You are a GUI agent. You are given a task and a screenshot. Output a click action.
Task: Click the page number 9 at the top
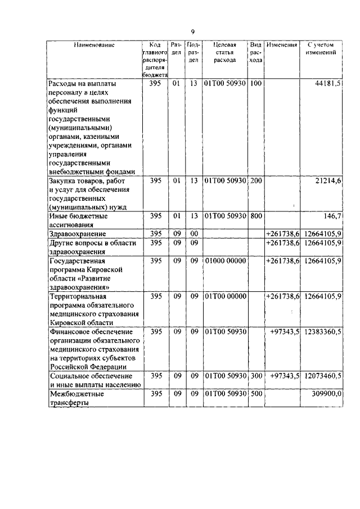pyautogui.click(x=192, y=31)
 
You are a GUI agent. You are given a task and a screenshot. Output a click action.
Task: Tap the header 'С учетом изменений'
pyautogui.click(x=322, y=48)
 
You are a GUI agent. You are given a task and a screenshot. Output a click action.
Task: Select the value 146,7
pyautogui.click(x=332, y=216)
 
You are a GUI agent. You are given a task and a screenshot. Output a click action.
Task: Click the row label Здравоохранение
pyautogui.click(x=78, y=233)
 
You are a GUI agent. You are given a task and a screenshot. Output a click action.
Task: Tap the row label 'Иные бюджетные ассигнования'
pyautogui.click(x=78, y=220)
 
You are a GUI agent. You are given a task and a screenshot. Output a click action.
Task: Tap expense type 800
pyautogui.click(x=256, y=216)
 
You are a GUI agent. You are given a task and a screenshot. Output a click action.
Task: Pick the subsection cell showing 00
pyautogui.click(x=194, y=233)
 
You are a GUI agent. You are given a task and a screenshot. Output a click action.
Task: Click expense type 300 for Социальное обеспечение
pyautogui.click(x=256, y=375)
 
